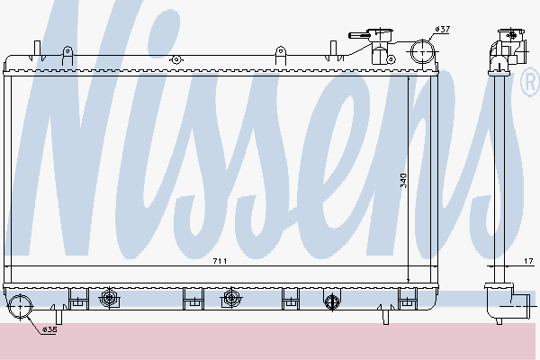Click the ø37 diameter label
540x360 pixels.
(x=442, y=30)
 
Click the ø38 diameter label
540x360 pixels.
(x=49, y=329)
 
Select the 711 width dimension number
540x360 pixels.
(x=220, y=261)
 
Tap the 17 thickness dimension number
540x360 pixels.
(x=526, y=261)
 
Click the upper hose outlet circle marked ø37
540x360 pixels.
(x=420, y=51)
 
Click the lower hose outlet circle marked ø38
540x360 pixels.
(x=20, y=310)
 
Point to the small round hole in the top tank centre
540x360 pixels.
(x=176, y=59)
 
